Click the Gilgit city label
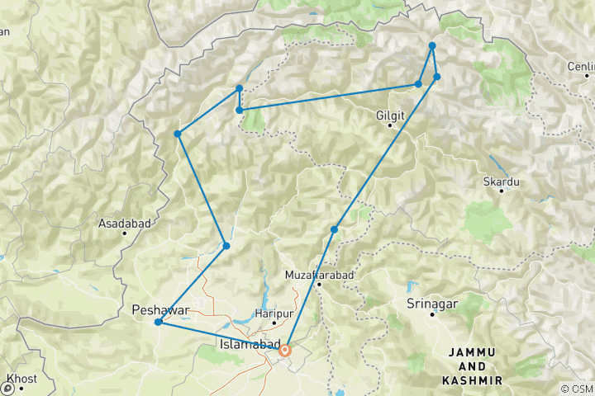coord(390,115)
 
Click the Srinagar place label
coord(431,304)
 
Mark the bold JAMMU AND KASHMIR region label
coord(474,365)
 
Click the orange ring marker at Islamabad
coord(285,351)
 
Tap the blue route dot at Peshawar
coord(158,322)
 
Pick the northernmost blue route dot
coord(432,46)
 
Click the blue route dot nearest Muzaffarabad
coord(335,229)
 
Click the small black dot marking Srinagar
coord(431,313)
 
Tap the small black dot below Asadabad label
coord(124,233)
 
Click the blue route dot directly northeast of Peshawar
coord(226,245)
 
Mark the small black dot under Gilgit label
coord(390,125)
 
